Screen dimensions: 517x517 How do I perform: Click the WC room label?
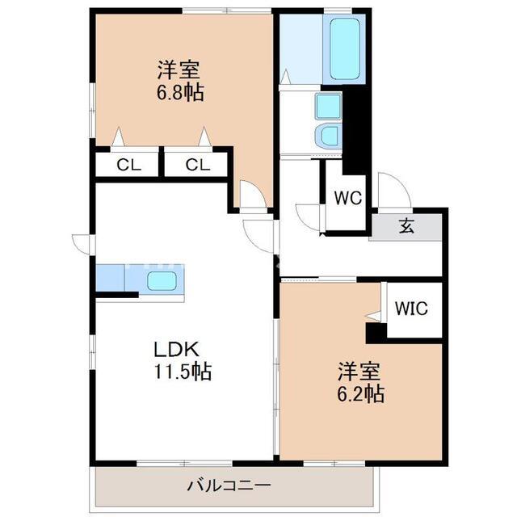(347, 198)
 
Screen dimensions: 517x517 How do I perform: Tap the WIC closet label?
(411, 309)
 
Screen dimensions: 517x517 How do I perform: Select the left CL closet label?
(128, 165)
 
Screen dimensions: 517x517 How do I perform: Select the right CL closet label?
(197, 165)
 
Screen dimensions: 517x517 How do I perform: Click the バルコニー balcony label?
(229, 485)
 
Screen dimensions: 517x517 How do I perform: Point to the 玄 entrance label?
(406, 226)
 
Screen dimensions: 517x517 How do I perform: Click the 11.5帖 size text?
(183, 372)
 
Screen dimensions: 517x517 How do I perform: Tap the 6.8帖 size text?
(179, 92)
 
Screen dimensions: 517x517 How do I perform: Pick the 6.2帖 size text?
(360, 393)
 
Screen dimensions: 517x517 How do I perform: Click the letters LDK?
(177, 349)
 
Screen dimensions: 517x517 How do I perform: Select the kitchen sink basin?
(162, 281)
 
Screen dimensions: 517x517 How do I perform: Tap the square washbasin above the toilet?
(328, 106)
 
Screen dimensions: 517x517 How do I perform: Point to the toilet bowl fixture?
(327, 137)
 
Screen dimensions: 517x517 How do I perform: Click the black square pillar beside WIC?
(376, 333)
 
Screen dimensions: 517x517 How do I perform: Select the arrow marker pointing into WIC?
(373, 316)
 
